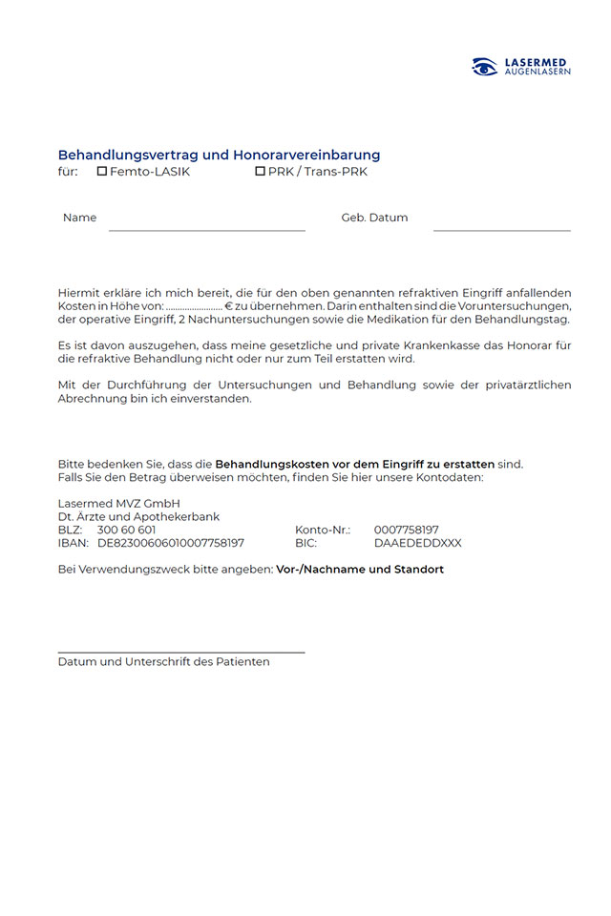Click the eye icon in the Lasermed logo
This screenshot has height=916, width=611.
[485, 67]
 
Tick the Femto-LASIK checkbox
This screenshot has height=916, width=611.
[102, 172]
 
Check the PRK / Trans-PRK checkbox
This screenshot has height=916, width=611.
[260, 172]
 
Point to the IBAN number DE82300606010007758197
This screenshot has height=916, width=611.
[171, 543]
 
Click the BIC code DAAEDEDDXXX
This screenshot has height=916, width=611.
[417, 543]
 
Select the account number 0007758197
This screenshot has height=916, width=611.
[406, 530]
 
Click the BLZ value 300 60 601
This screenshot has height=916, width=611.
[126, 530]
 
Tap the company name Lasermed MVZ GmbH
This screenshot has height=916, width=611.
[119, 503]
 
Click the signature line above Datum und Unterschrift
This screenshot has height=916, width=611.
[181, 652]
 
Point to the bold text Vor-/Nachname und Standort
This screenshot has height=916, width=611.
[360, 570]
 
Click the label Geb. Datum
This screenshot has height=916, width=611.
[374, 218]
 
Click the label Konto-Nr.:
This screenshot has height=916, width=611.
[323, 530]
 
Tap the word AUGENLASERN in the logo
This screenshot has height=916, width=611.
[537, 72]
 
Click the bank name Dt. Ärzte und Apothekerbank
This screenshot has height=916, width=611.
[138, 516]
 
